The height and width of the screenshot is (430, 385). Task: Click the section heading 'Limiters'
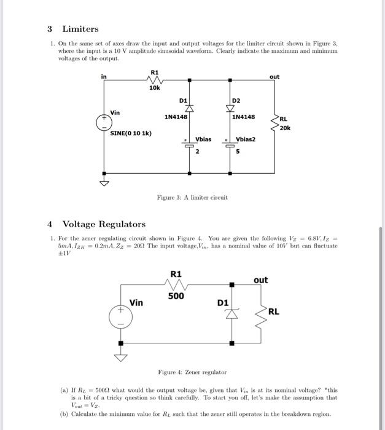coord(80,29)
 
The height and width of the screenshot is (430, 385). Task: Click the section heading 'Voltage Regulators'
coord(104,224)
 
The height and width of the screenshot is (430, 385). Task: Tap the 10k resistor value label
coord(154,88)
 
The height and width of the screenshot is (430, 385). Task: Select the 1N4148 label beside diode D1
coord(176,116)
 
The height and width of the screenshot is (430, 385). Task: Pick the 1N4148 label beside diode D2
coord(244,116)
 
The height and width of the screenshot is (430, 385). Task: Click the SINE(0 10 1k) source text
coord(131,133)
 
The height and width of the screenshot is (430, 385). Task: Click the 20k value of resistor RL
coord(284,128)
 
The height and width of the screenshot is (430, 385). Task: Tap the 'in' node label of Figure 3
coord(104,77)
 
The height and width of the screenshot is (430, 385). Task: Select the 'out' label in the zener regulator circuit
coord(260,280)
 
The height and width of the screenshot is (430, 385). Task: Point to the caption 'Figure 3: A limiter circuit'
coord(192,198)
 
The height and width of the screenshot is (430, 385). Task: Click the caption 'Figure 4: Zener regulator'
coord(192,372)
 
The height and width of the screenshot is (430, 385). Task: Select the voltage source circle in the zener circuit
coord(120,316)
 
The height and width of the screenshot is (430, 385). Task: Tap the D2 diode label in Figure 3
coord(237,100)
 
